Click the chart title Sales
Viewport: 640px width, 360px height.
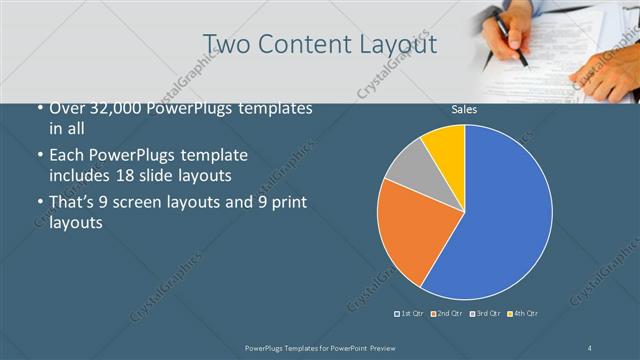coord(464,109)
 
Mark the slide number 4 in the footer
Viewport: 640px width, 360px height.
coord(590,347)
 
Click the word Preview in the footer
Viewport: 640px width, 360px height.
coord(374,347)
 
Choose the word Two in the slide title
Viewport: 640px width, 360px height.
coord(227,44)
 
